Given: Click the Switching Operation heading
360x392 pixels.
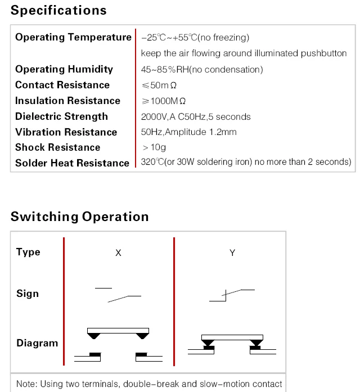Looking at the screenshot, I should [79, 217].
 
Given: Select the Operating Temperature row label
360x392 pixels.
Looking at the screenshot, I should [73, 37].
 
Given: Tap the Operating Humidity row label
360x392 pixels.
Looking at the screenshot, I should [64, 69].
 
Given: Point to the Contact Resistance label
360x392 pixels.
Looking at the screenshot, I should [62, 85].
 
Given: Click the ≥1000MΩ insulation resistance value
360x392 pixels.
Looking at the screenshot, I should [164, 101].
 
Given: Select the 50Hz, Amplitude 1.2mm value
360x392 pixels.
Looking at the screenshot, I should [188, 132].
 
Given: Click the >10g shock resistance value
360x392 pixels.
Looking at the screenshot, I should [154, 147].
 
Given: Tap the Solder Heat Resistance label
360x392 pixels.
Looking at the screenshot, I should [72, 163].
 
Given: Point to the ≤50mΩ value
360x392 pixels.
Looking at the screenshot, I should [160, 85].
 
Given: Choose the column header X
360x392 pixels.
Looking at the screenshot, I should [118, 253].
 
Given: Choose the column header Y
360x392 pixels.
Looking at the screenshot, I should [232, 253].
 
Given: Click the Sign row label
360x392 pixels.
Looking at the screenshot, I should [28, 294].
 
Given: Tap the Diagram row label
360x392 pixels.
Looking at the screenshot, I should [37, 343].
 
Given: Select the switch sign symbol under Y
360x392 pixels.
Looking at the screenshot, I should [232, 295].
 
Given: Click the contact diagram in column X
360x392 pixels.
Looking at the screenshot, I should [118, 343].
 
